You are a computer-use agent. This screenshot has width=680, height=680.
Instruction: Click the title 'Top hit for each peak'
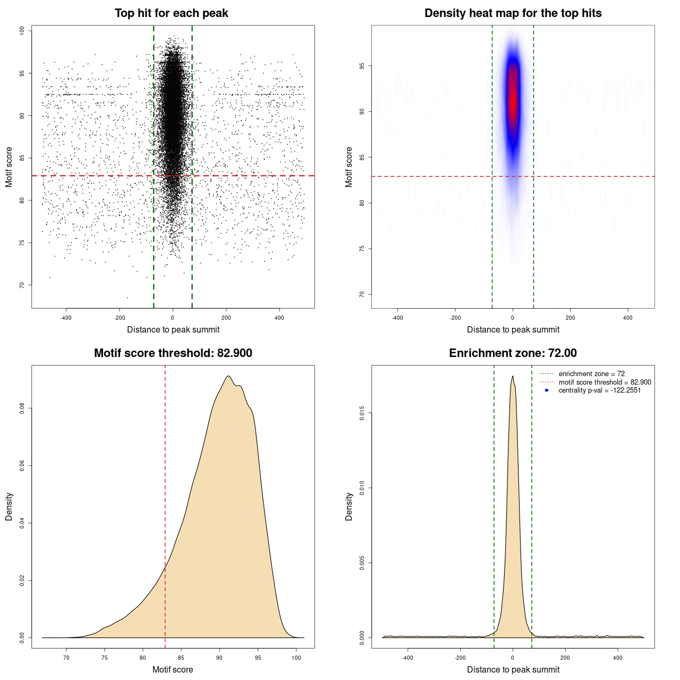pyautogui.click(x=172, y=13)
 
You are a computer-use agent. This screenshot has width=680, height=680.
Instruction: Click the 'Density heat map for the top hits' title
pyautogui.click(x=513, y=13)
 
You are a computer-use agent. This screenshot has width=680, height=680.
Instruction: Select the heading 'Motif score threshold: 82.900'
pyautogui.click(x=173, y=353)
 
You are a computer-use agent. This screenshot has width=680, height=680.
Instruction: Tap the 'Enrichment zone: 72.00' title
pyautogui.click(x=513, y=353)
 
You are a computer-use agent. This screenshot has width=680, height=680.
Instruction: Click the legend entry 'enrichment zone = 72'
pyautogui.click(x=591, y=374)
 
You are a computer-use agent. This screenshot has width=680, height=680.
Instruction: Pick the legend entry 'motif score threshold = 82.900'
pyautogui.click(x=605, y=382)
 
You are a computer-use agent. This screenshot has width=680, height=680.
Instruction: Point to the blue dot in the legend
pyautogui.click(x=547, y=390)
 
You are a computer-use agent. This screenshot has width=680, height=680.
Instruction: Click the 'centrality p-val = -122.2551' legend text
pyautogui.click(x=599, y=390)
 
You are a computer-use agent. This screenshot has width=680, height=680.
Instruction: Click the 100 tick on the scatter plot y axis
pyautogui.click(x=22, y=31)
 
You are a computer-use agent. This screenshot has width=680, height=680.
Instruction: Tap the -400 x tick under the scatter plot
pyautogui.click(x=66, y=318)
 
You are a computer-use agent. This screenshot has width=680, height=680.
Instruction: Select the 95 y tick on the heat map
pyautogui.click(x=362, y=66)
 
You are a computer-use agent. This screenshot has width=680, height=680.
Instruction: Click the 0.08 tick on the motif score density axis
pyautogui.click(x=22, y=408)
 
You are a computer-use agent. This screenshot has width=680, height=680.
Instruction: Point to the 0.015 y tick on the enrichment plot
pyautogui.click(x=362, y=413)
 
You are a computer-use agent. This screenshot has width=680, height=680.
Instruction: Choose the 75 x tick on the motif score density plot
pyautogui.click(x=105, y=658)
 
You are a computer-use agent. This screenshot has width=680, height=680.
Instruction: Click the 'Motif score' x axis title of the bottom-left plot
pyautogui.click(x=173, y=669)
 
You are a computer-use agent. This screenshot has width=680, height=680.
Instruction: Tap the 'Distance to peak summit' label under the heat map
pyautogui.click(x=513, y=329)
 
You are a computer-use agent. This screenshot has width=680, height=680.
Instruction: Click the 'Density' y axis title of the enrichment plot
pyautogui.click(x=349, y=506)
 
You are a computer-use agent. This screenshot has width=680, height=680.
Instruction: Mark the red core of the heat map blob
pyautogui.click(x=513, y=96)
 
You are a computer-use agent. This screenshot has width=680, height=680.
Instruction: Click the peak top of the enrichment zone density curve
pyautogui.click(x=513, y=377)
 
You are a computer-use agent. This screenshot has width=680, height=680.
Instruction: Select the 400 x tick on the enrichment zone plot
pyautogui.click(x=617, y=658)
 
